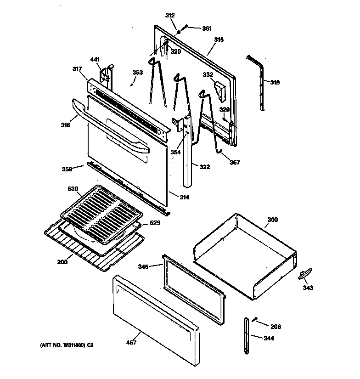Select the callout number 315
coord(218,40)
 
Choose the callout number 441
coord(95,59)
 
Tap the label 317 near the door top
coord(77,69)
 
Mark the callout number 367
coord(235,162)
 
